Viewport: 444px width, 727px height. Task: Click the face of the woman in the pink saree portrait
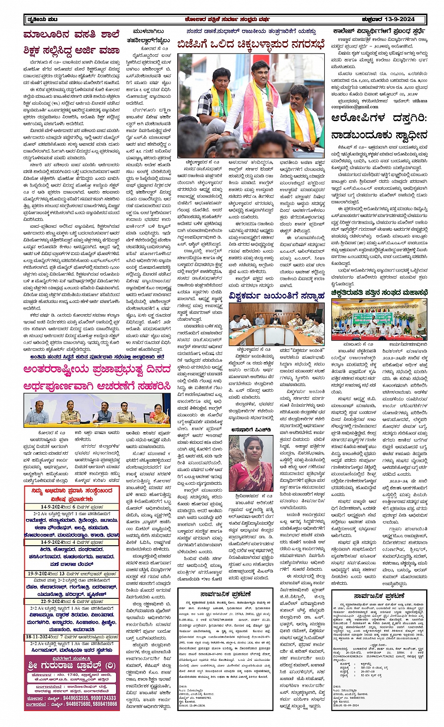[x=247, y=450]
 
